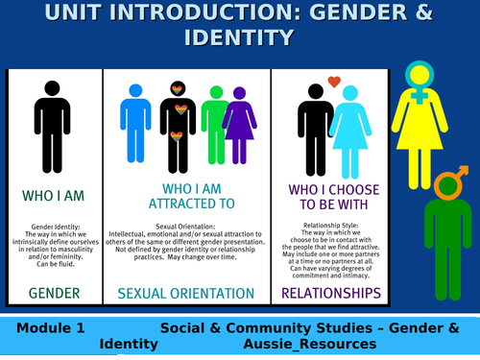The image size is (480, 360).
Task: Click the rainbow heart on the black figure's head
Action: click(x=177, y=89)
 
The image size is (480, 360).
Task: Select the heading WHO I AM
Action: click(x=53, y=196)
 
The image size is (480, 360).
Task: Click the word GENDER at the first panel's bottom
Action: click(x=53, y=292)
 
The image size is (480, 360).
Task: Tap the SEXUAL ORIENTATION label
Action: click(x=186, y=292)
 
